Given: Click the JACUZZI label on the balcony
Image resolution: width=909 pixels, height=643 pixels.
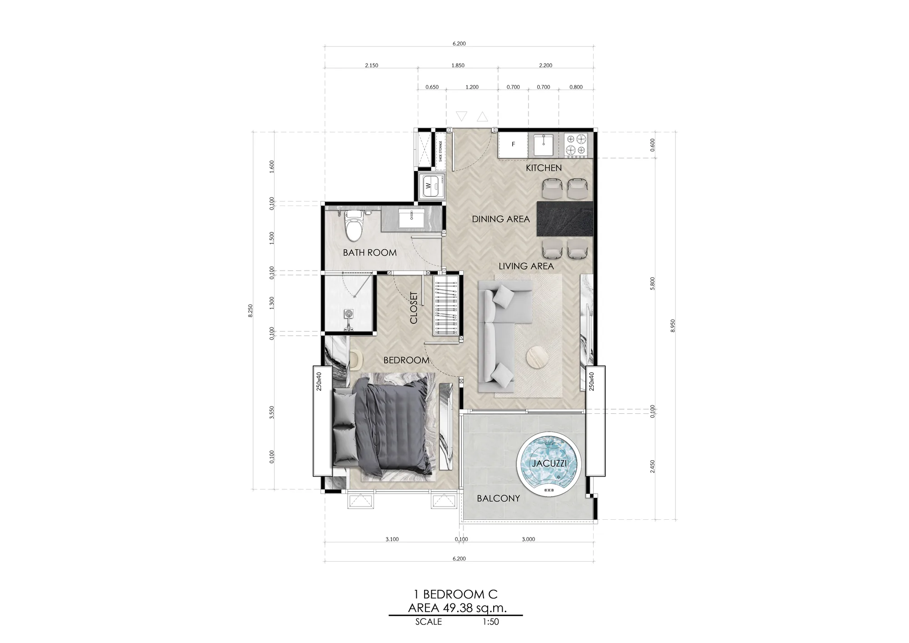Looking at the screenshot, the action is [x=550, y=464].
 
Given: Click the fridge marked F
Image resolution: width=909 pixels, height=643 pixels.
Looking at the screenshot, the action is [x=513, y=145].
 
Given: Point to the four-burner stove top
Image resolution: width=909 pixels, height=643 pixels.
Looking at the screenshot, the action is [x=575, y=144].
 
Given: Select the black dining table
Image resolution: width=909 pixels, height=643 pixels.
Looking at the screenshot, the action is [x=565, y=219].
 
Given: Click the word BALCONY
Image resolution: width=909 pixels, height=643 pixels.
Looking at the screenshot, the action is [x=498, y=498].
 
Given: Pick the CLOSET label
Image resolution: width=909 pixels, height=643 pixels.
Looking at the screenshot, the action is [x=414, y=308].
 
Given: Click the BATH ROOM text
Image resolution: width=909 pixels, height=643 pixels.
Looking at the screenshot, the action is [x=370, y=253].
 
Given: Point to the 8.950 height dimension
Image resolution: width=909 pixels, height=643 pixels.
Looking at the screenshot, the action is [x=673, y=326].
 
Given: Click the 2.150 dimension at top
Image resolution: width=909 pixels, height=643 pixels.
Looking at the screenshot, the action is [x=371, y=65].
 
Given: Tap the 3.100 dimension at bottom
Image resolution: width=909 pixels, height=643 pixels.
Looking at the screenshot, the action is [x=392, y=539].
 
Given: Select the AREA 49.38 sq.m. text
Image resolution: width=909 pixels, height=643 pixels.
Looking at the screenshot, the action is [x=457, y=608].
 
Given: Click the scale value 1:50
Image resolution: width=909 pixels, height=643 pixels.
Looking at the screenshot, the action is [x=491, y=622].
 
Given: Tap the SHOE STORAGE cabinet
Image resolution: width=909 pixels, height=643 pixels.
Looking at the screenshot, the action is [x=440, y=151].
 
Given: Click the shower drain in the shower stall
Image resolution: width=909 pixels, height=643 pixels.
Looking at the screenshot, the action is [x=349, y=313].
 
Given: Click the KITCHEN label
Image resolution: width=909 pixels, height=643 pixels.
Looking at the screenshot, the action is [x=544, y=168].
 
